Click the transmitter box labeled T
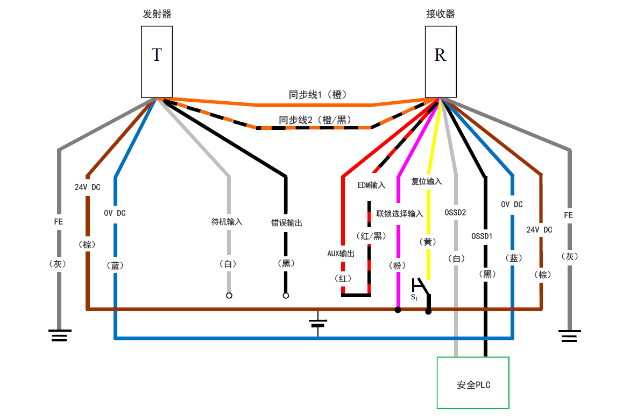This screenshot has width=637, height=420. (x=157, y=61)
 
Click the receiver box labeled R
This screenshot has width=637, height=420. (x=440, y=61)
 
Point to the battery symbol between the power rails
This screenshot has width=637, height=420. (x=318, y=324)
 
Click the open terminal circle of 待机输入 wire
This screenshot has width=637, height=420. (x=229, y=296)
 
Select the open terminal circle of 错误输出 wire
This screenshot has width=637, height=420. (x=286, y=296)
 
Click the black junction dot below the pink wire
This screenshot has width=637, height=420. (x=398, y=310)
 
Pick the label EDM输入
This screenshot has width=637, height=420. (x=372, y=185)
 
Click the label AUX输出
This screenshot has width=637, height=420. (x=341, y=254)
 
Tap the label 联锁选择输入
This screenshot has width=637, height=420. (x=400, y=214)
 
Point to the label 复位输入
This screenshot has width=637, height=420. (x=427, y=181)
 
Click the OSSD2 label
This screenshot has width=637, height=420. (x=455, y=212)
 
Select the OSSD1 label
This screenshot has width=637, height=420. (x=482, y=236)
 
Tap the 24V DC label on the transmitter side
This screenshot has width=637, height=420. (x=87, y=187)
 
